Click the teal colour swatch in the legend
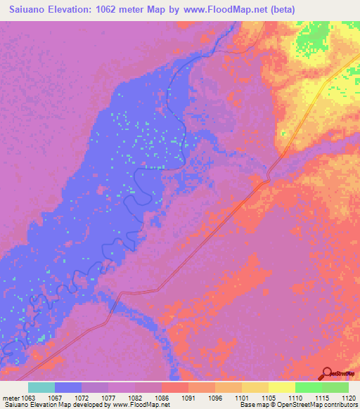coord(41,387)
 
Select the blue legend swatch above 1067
coord(68,387)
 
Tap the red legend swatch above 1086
coord(174,387)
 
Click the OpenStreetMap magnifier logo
coord(328,373)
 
